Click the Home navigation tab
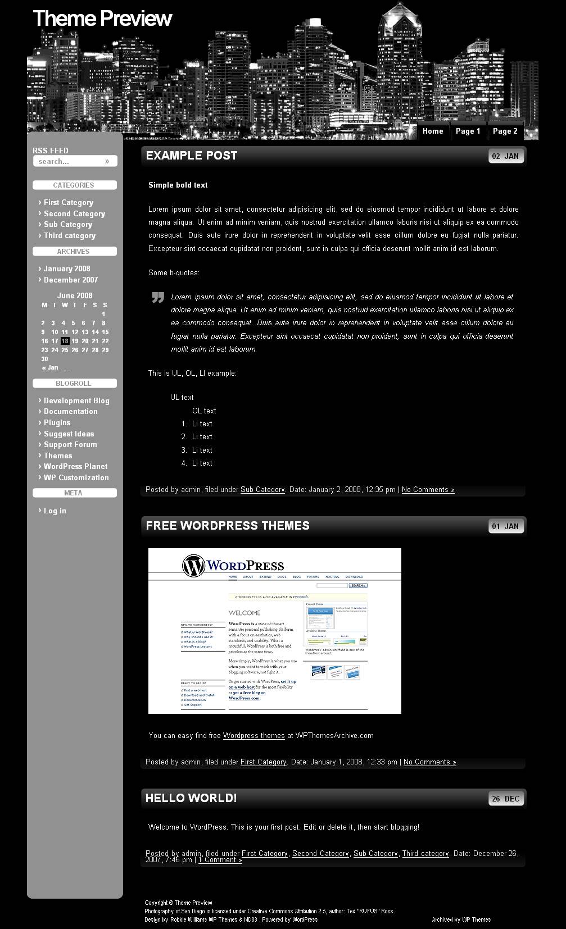pyautogui.click(x=433, y=131)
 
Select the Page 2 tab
pyautogui.click(x=505, y=131)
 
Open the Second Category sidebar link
pyautogui.click(x=74, y=213)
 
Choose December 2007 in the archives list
pyautogui.click(x=71, y=280)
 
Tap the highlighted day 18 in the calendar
pyautogui.click(x=65, y=341)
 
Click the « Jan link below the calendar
pyautogui.click(x=51, y=367)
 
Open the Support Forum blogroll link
pyautogui.click(x=70, y=444)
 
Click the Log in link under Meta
pyautogui.click(x=55, y=511)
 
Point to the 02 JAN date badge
pyautogui.click(x=506, y=156)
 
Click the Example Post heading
pyautogui.click(x=192, y=156)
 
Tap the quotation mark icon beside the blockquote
pyautogui.click(x=157, y=298)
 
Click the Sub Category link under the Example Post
pyautogui.click(x=262, y=489)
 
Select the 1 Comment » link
pyautogui.click(x=220, y=859)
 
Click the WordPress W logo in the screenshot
pyautogui.click(x=193, y=566)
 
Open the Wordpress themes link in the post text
pyautogui.click(x=253, y=735)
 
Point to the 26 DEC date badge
pyautogui.click(x=506, y=799)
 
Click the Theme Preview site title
pyautogui.click(x=102, y=19)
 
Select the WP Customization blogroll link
pyautogui.click(x=76, y=477)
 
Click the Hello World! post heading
pyautogui.click(x=191, y=798)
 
